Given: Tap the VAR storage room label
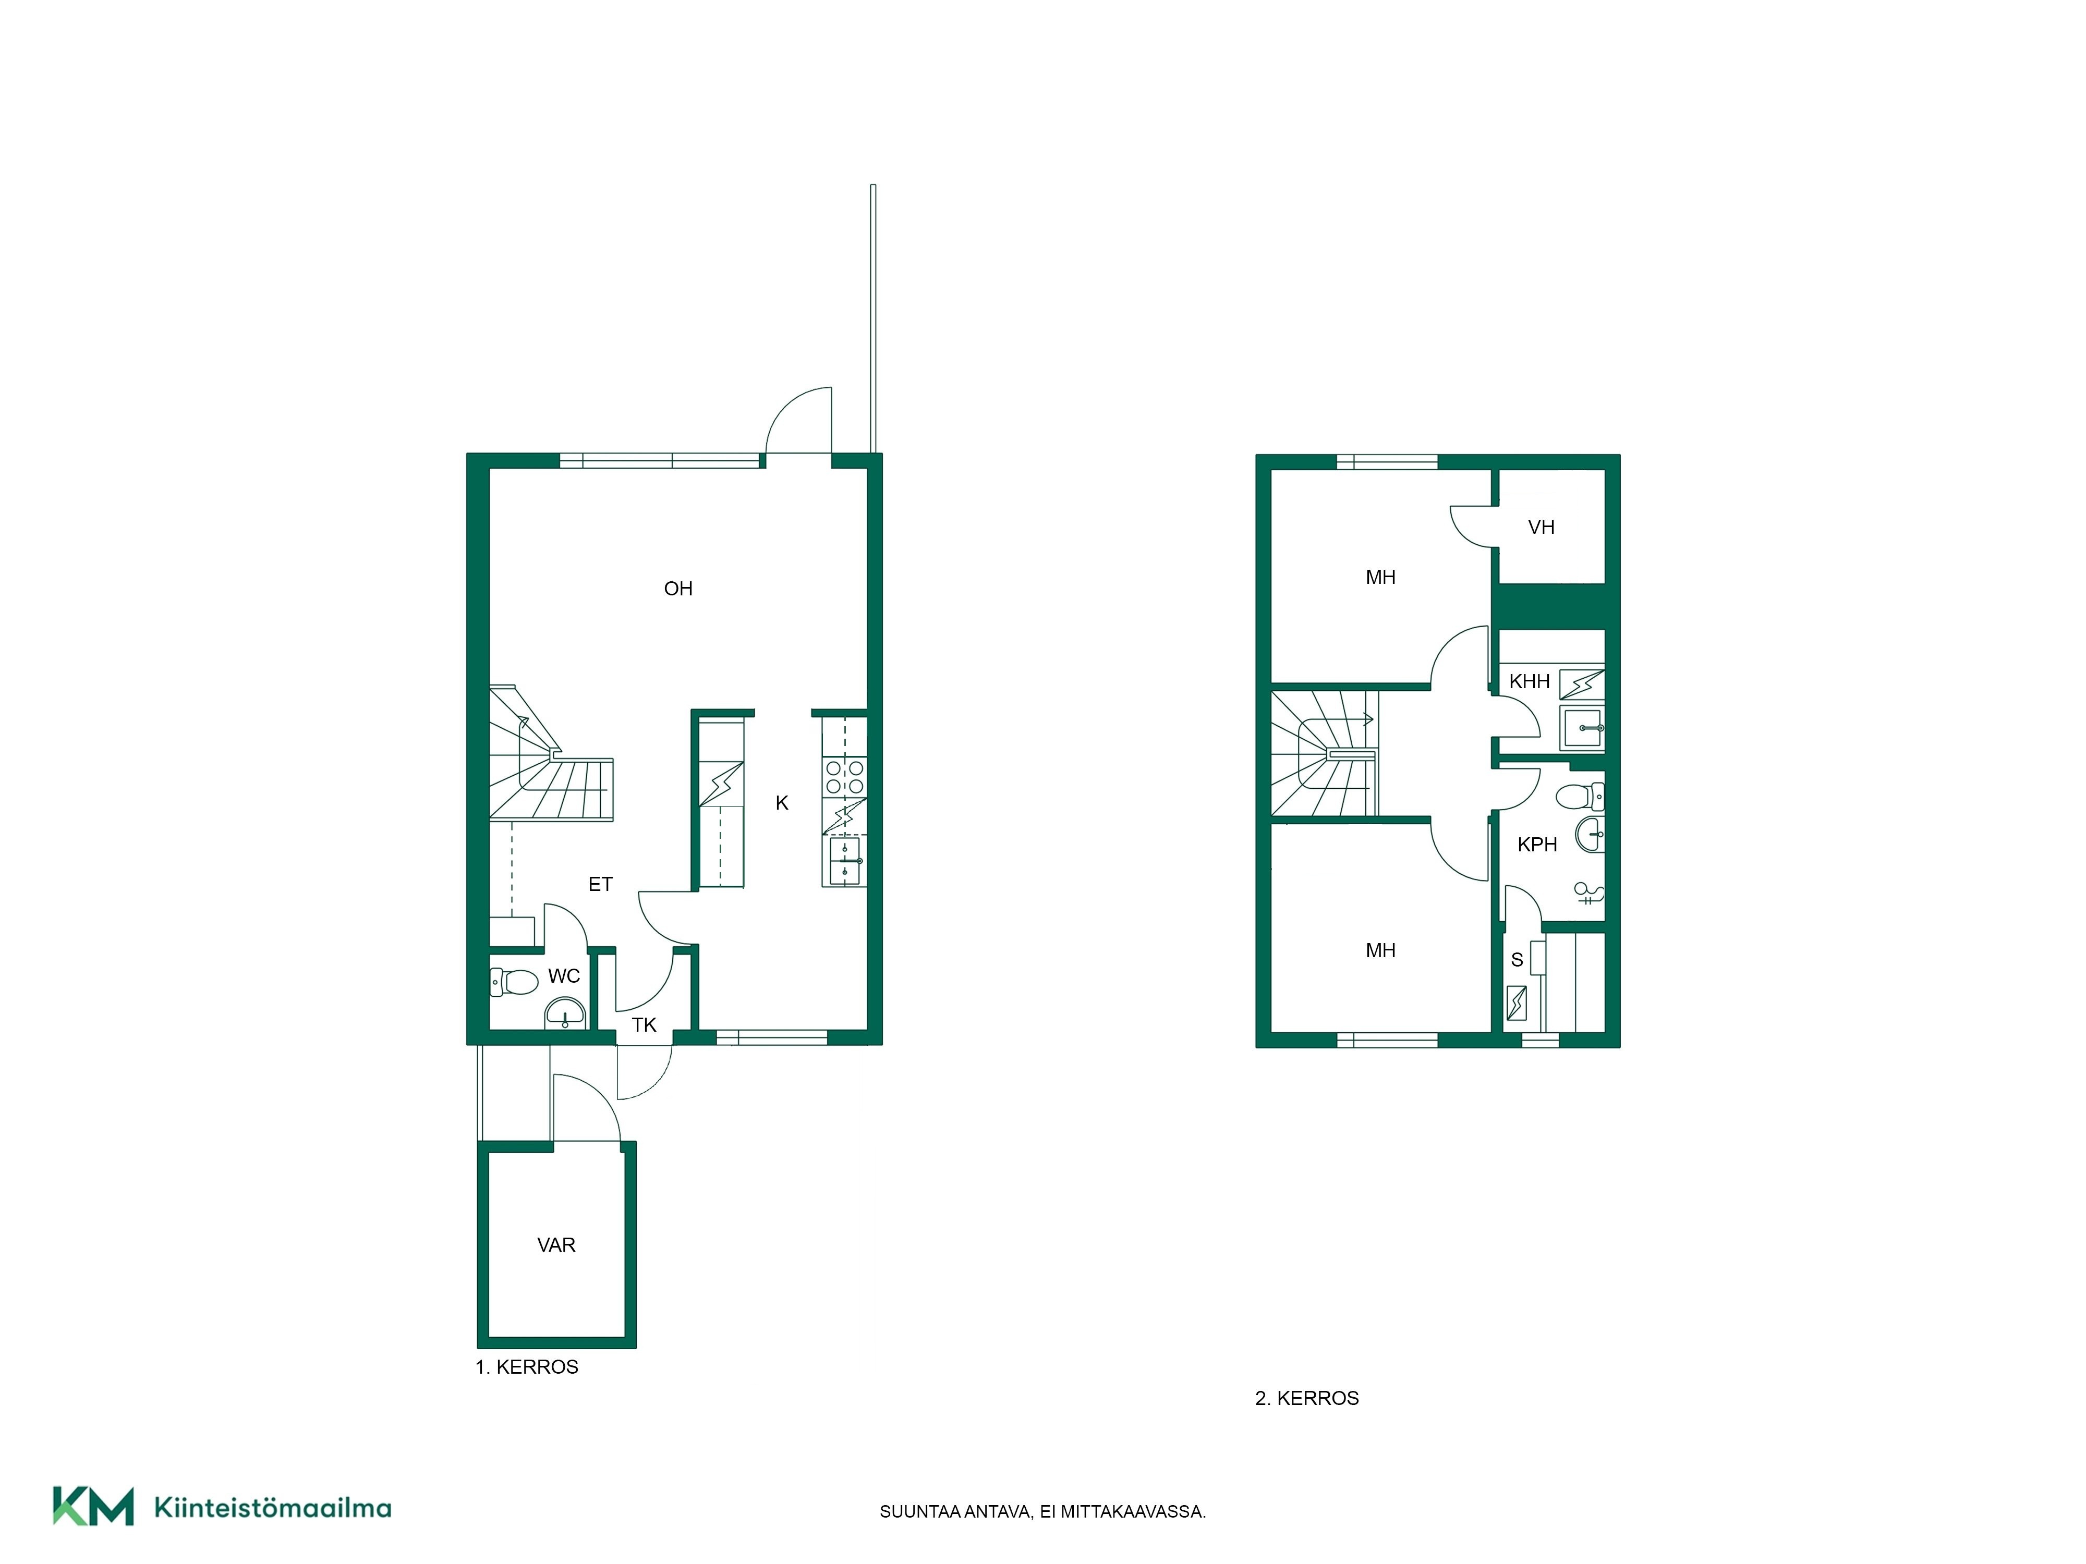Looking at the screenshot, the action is [556, 1245].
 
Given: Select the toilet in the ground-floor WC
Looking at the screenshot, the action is [514, 982].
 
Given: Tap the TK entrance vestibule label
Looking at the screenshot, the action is [644, 1025].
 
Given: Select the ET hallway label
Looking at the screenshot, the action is [601, 884].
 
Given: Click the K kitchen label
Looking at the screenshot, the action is [782, 803].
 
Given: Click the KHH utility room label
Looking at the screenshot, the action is [1530, 681].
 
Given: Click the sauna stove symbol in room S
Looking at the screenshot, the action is [1518, 1003].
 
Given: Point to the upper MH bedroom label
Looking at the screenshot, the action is [1380, 578].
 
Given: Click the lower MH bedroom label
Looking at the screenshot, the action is [1380, 951].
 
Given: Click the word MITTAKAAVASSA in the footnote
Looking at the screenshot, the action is [1134, 1512].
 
